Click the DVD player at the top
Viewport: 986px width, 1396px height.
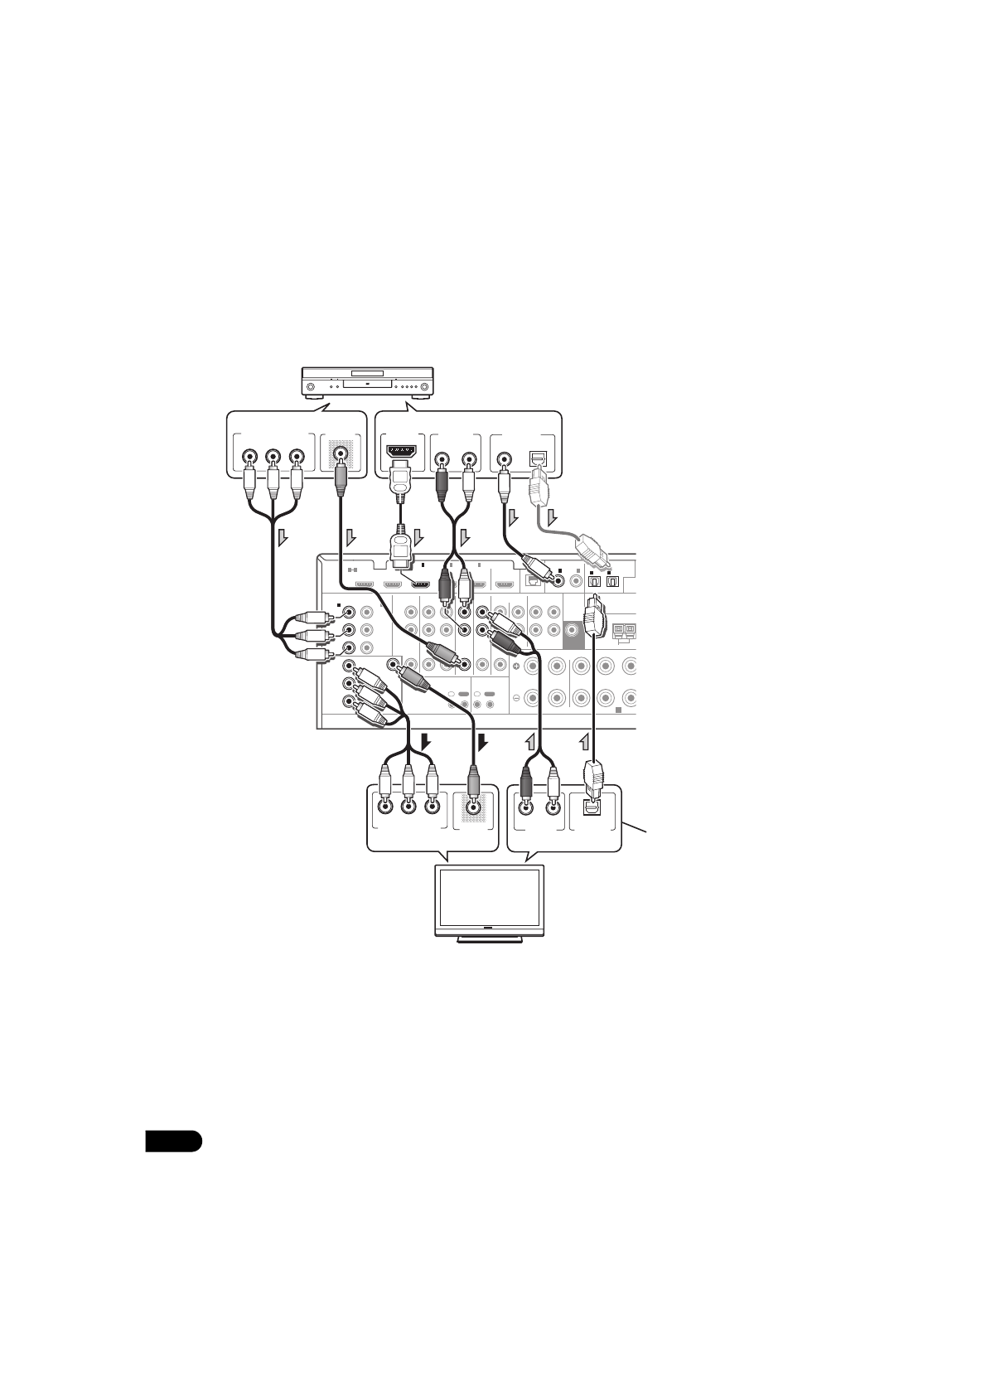(x=367, y=384)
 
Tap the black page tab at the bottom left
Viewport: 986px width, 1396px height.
(x=173, y=1141)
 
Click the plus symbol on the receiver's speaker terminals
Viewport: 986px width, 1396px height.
(x=515, y=666)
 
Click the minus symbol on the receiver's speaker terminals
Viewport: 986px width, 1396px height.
(x=515, y=697)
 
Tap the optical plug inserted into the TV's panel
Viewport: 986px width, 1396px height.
(x=594, y=776)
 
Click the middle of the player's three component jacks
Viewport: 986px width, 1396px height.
(x=272, y=455)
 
